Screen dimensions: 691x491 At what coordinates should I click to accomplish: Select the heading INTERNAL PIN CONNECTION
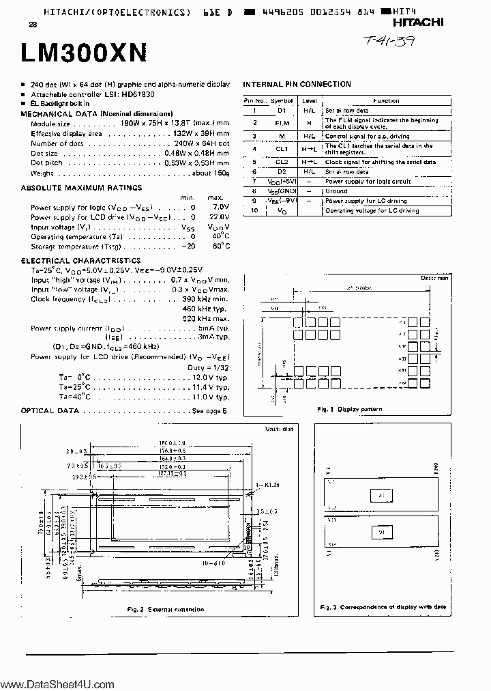pos(297,84)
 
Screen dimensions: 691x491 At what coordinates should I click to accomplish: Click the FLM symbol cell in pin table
pos(282,124)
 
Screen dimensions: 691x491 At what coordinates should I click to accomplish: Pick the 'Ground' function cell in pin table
pos(336,191)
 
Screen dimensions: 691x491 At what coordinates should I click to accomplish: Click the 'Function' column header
pos(386,100)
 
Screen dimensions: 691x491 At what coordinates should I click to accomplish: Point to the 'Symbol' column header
pos(282,100)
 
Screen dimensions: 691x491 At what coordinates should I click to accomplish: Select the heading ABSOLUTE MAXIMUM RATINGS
pos(81,187)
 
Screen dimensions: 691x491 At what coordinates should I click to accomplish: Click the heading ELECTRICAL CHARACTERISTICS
pos(80,260)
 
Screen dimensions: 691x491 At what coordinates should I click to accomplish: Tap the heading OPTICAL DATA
pos(50,411)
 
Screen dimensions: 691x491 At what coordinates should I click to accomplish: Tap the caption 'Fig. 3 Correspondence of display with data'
pos(383,607)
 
